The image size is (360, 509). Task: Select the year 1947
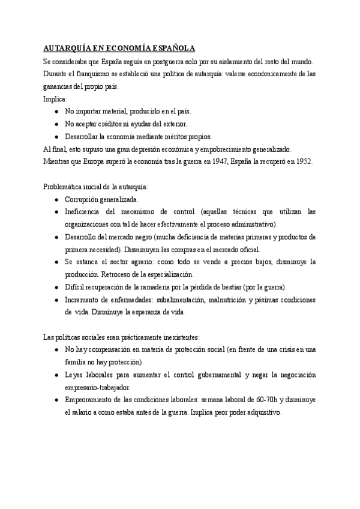(x=220, y=161)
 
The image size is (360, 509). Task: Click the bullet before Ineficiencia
(x=56, y=211)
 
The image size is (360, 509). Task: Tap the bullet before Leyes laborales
(x=56, y=375)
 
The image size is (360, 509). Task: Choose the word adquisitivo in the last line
(x=260, y=412)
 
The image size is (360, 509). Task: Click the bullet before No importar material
(x=56, y=112)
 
